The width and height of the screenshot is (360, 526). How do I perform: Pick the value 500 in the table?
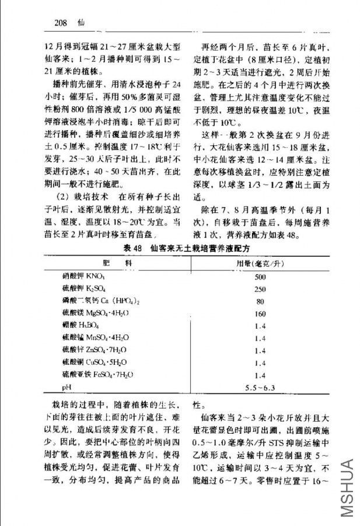tap(260, 277)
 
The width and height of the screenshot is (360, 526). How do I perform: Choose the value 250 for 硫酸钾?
tap(260, 289)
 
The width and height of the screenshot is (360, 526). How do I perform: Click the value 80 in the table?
tap(260, 301)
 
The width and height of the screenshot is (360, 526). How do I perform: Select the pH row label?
tap(66, 387)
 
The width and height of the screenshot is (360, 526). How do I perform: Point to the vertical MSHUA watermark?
tap(346, 487)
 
